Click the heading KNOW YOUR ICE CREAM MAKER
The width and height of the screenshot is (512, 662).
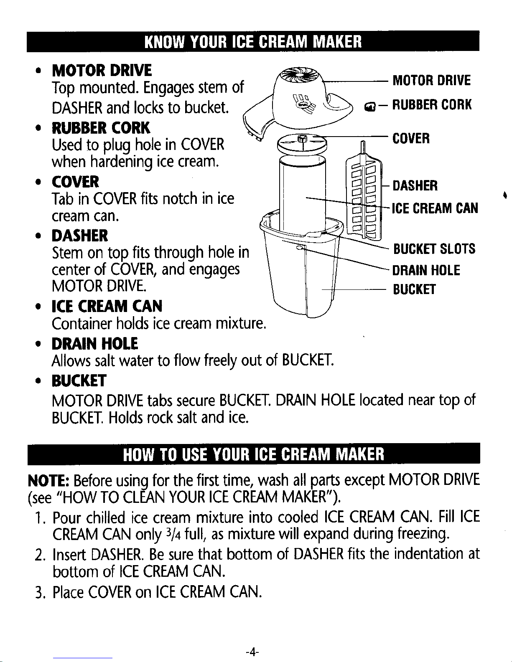(x=252, y=42)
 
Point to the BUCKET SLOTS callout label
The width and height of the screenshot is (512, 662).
(x=434, y=249)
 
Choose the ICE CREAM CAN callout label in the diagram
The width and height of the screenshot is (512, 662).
(x=435, y=208)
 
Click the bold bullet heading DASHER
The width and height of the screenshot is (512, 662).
(x=80, y=236)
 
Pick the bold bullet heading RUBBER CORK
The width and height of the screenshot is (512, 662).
(x=100, y=128)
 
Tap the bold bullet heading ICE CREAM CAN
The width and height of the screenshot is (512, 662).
(x=107, y=307)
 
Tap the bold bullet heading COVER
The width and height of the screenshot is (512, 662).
(x=75, y=182)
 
